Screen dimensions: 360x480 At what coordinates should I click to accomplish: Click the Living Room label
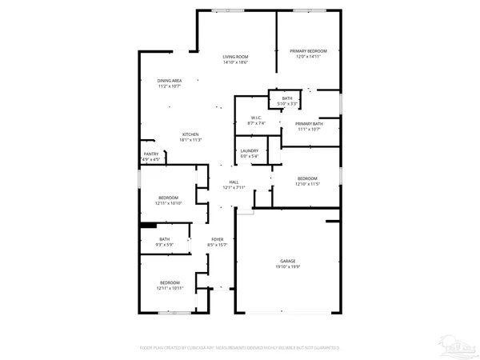[235, 56]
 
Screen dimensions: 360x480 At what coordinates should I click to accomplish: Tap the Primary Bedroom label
[308, 50]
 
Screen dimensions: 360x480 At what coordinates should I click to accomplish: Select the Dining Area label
[169, 80]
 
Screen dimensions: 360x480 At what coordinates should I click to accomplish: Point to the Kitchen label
[190, 134]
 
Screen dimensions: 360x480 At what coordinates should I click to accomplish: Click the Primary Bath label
[308, 123]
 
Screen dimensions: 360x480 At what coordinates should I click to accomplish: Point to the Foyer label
[218, 239]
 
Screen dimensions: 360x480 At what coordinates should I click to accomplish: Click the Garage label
[287, 262]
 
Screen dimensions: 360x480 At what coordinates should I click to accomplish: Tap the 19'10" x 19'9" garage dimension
[287, 267]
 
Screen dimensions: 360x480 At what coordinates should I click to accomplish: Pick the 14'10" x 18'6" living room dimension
[235, 62]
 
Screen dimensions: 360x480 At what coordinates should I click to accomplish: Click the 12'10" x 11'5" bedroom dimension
[308, 184]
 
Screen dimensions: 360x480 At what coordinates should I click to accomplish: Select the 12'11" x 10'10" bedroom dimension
[168, 203]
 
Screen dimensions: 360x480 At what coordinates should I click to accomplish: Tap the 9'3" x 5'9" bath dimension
[165, 244]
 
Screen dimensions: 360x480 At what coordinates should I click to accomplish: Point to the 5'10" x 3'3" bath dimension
[287, 104]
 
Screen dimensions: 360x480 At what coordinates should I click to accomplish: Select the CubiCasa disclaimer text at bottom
[240, 349]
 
